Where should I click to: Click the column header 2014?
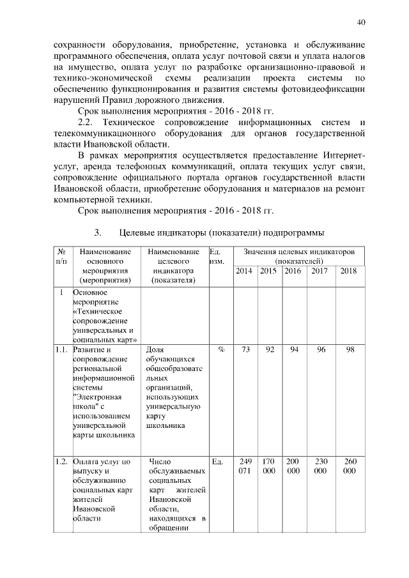(244, 271)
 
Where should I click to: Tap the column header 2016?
(293, 271)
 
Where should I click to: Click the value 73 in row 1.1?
(244, 350)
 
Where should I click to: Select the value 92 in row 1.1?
(270, 350)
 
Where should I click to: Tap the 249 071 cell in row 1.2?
(244, 466)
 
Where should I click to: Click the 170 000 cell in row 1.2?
(270, 466)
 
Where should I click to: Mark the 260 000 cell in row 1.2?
(350, 466)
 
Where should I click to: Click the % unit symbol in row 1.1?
(221, 350)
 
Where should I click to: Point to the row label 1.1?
(61, 350)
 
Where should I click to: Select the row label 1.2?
(61, 460)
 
